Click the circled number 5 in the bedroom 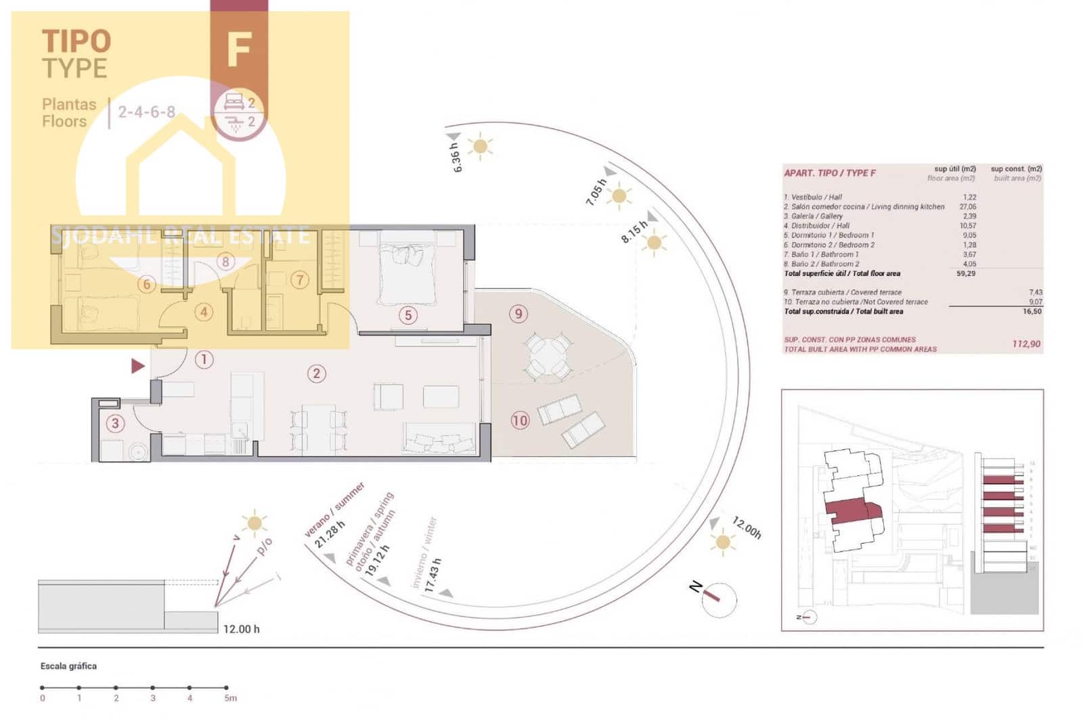[x=407, y=315]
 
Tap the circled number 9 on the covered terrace [x=518, y=313]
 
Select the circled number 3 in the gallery [x=115, y=423]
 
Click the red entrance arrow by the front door [x=138, y=366]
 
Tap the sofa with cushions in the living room [x=439, y=438]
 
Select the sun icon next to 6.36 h [x=481, y=146]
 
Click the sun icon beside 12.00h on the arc [x=722, y=542]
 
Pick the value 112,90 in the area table [x=1026, y=344]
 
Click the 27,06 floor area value [x=967, y=207]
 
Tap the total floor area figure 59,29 [x=966, y=274]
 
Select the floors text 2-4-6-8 [x=146, y=112]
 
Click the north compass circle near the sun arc [x=717, y=599]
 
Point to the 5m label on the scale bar [x=230, y=698]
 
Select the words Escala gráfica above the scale [x=68, y=666]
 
